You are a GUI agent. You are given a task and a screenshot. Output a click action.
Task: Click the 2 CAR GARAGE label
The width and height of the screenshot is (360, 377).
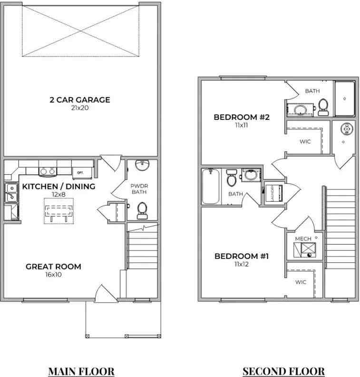(79, 100)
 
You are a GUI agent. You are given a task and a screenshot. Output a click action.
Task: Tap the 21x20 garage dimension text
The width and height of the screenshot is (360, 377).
(79, 108)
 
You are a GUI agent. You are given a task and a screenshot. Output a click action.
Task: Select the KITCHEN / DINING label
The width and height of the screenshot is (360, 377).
(58, 186)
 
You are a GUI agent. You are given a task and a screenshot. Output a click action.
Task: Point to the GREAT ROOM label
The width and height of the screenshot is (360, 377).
(53, 267)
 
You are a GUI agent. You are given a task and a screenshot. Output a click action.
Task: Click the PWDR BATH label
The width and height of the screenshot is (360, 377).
(139, 188)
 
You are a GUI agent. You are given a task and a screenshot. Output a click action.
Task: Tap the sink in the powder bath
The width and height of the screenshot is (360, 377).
(142, 165)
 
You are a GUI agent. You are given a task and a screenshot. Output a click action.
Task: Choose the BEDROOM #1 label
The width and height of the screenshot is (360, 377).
(242, 257)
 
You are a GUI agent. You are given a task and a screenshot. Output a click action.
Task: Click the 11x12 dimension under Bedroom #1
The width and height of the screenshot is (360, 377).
(242, 264)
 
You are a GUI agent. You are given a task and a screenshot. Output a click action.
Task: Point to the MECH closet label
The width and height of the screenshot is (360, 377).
(302, 238)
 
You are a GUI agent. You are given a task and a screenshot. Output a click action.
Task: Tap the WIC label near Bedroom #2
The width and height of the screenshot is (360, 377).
(305, 141)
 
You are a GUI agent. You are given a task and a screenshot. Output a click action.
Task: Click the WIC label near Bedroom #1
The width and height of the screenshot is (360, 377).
(301, 282)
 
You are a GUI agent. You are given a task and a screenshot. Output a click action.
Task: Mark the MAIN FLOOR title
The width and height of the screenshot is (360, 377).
(81, 371)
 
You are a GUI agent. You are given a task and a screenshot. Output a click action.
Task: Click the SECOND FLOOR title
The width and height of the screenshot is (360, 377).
(283, 371)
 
